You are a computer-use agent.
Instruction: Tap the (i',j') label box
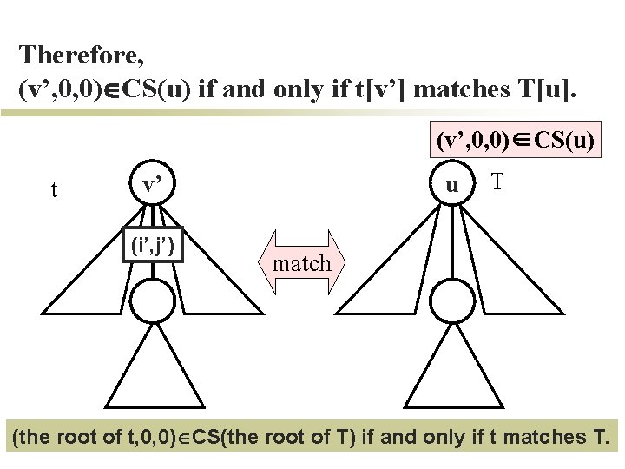coord(153,247)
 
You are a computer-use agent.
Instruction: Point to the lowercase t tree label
coord(55,189)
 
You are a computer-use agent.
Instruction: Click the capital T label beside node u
coord(497,182)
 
